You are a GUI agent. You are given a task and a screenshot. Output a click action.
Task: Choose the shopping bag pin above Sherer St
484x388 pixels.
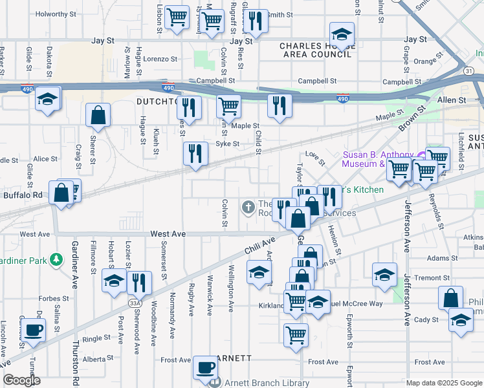(x=98, y=116)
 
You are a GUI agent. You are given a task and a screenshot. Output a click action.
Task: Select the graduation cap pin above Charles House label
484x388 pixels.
(x=342, y=34)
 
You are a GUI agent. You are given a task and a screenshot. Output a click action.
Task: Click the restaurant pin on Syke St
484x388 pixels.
(x=195, y=154)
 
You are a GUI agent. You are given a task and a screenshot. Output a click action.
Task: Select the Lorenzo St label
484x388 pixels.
(x=160, y=59)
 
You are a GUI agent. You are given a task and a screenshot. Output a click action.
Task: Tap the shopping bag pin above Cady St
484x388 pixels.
(x=450, y=299)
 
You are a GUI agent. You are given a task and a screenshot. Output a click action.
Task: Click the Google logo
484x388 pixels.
(x=22, y=380)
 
